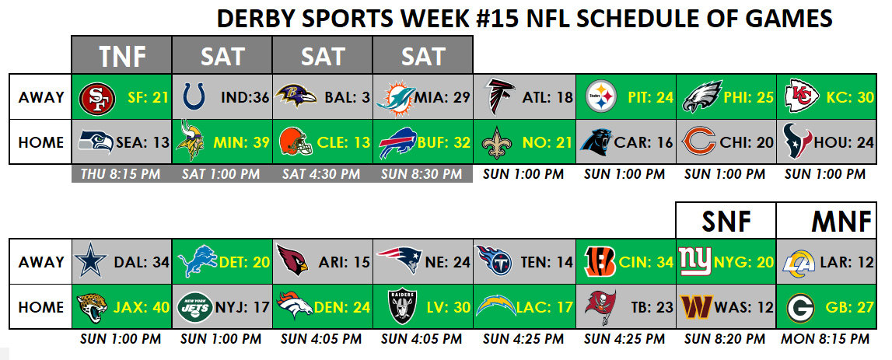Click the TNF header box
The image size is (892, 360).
coord(121,55)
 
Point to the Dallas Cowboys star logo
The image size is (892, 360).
coord(90,261)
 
